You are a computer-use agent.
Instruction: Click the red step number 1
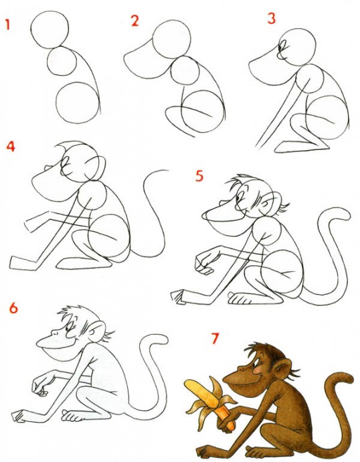(7, 24)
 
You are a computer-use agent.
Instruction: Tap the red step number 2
(134, 21)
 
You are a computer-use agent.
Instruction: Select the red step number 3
(271, 18)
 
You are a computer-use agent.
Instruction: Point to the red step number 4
(11, 146)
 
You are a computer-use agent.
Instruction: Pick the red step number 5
(199, 176)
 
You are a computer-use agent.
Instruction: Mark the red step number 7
(215, 338)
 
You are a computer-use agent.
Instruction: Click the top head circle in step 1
(50, 29)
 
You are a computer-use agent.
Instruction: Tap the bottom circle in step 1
(78, 102)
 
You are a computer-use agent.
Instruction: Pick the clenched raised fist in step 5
(204, 264)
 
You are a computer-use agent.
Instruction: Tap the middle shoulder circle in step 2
(185, 70)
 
